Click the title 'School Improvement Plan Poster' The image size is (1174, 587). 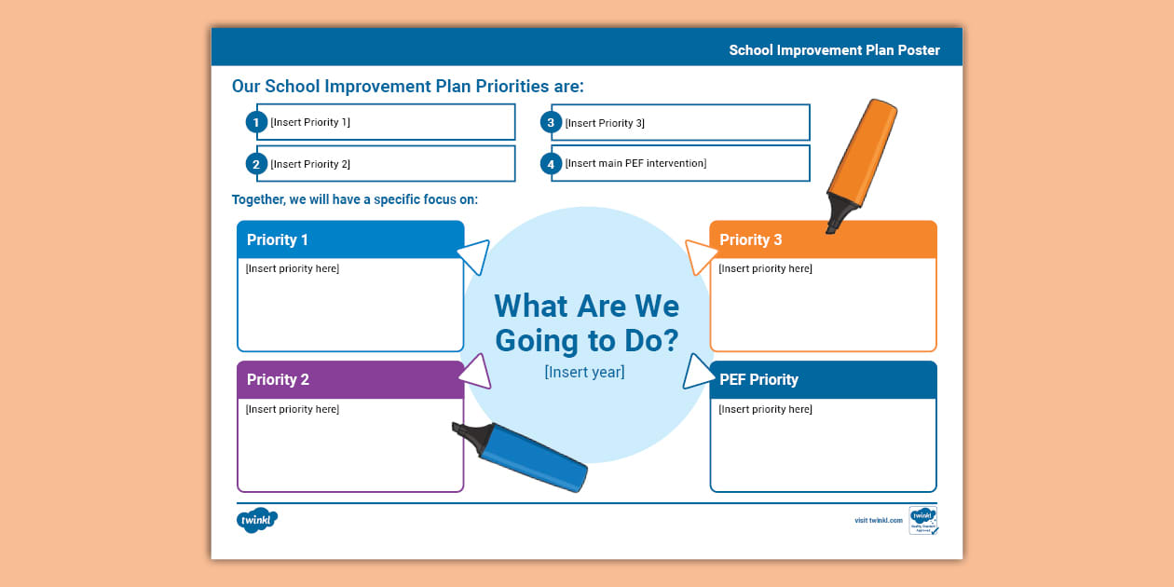834,50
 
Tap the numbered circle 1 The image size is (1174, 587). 256,122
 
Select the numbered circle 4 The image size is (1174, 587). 551,164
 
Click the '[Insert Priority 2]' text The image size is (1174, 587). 310,164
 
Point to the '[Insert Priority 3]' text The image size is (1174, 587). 605,123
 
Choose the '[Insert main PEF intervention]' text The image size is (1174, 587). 635,163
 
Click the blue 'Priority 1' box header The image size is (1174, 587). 350,239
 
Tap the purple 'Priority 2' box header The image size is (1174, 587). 350,380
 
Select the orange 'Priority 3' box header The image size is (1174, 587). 823,239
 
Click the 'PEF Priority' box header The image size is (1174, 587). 823,380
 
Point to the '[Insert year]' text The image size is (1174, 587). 584,373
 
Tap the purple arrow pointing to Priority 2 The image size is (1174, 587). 474,370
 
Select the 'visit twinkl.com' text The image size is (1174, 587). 878,520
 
